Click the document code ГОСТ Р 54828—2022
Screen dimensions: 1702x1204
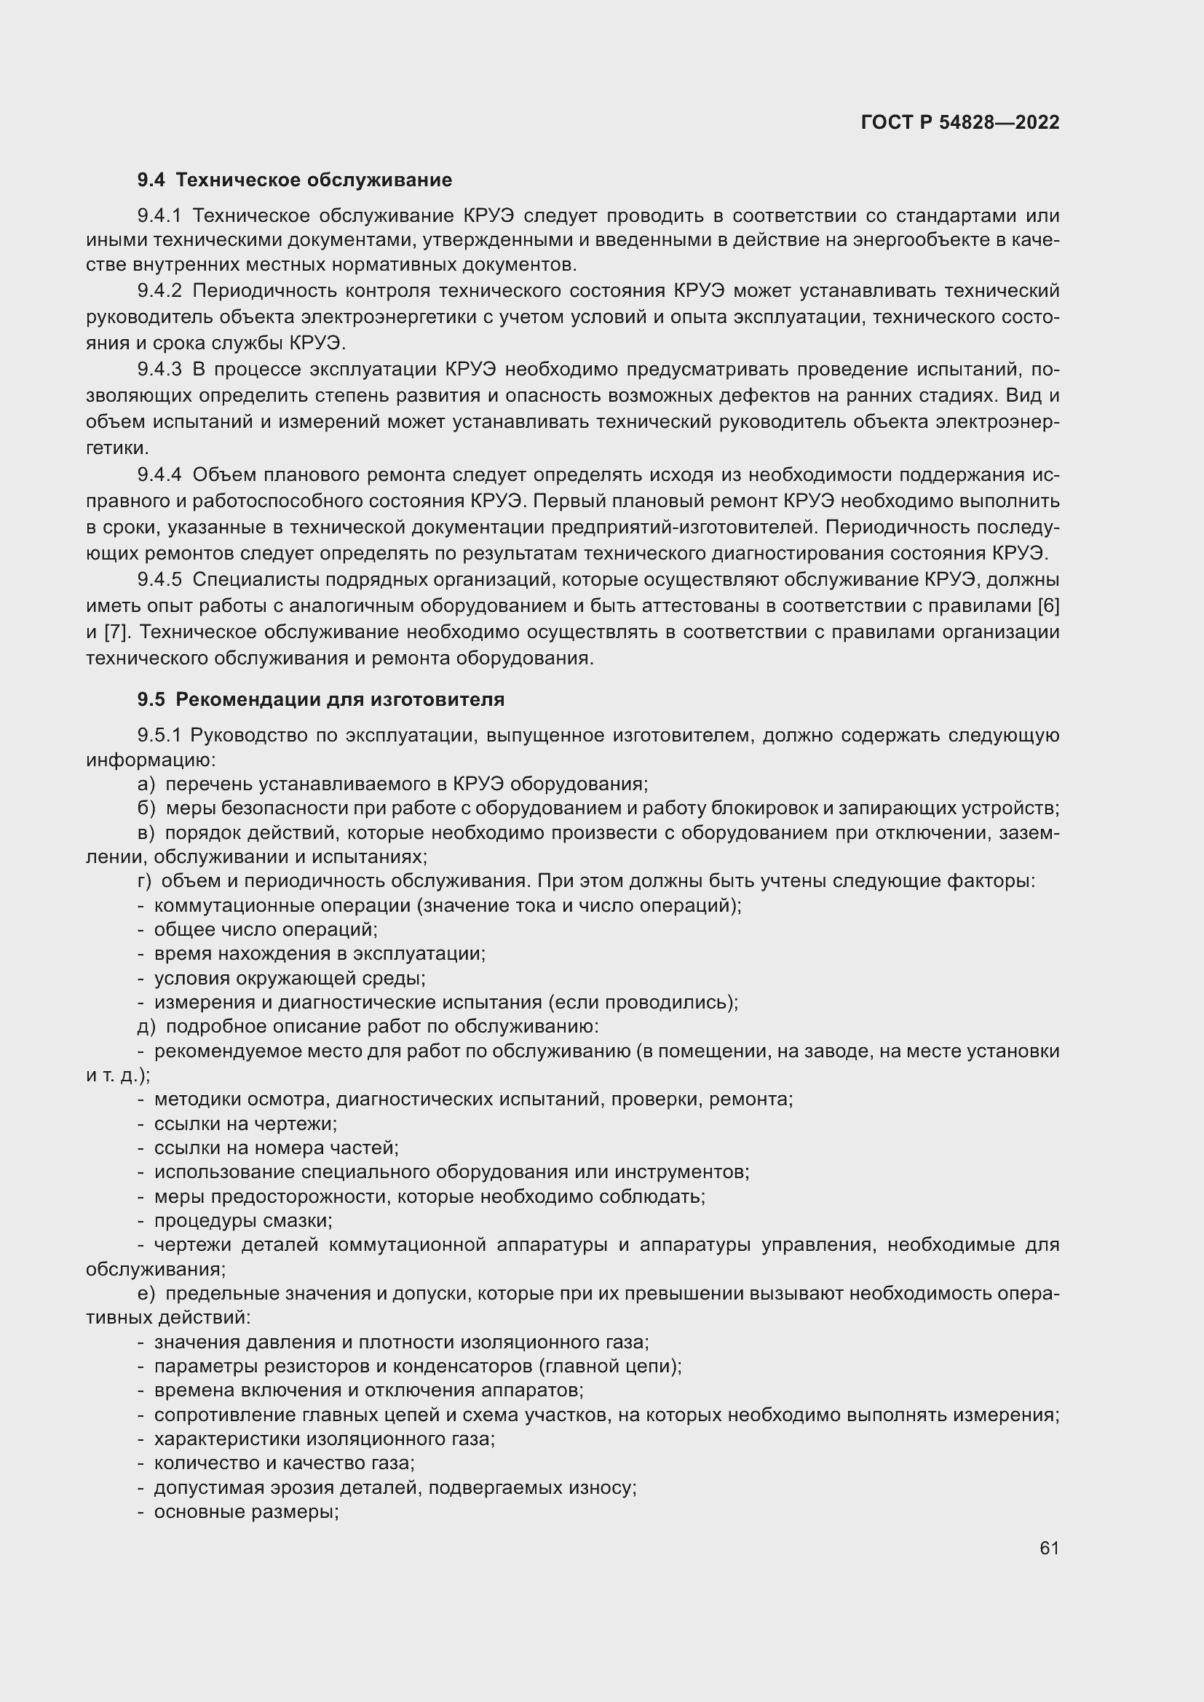click(x=960, y=122)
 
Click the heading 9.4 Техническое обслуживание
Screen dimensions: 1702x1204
click(x=294, y=180)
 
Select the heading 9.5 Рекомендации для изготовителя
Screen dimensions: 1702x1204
click(x=320, y=699)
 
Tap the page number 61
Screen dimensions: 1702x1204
click(x=1049, y=1548)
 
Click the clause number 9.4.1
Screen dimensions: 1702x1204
click(x=159, y=215)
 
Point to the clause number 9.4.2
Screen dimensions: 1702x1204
click(x=159, y=290)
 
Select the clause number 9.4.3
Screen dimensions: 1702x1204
click(x=159, y=369)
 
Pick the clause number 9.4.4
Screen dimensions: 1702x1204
click(x=159, y=474)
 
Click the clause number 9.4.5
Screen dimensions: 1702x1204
click(x=159, y=579)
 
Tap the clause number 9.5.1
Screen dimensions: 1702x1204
click(x=159, y=736)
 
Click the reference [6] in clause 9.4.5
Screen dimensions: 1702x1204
click(x=1047, y=605)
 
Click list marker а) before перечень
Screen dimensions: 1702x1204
click(x=146, y=784)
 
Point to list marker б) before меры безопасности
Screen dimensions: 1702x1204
click(x=146, y=808)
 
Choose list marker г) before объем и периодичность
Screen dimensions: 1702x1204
click(x=145, y=880)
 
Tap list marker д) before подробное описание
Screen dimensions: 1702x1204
click(x=146, y=1027)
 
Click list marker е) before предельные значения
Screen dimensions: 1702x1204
click(x=146, y=1294)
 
